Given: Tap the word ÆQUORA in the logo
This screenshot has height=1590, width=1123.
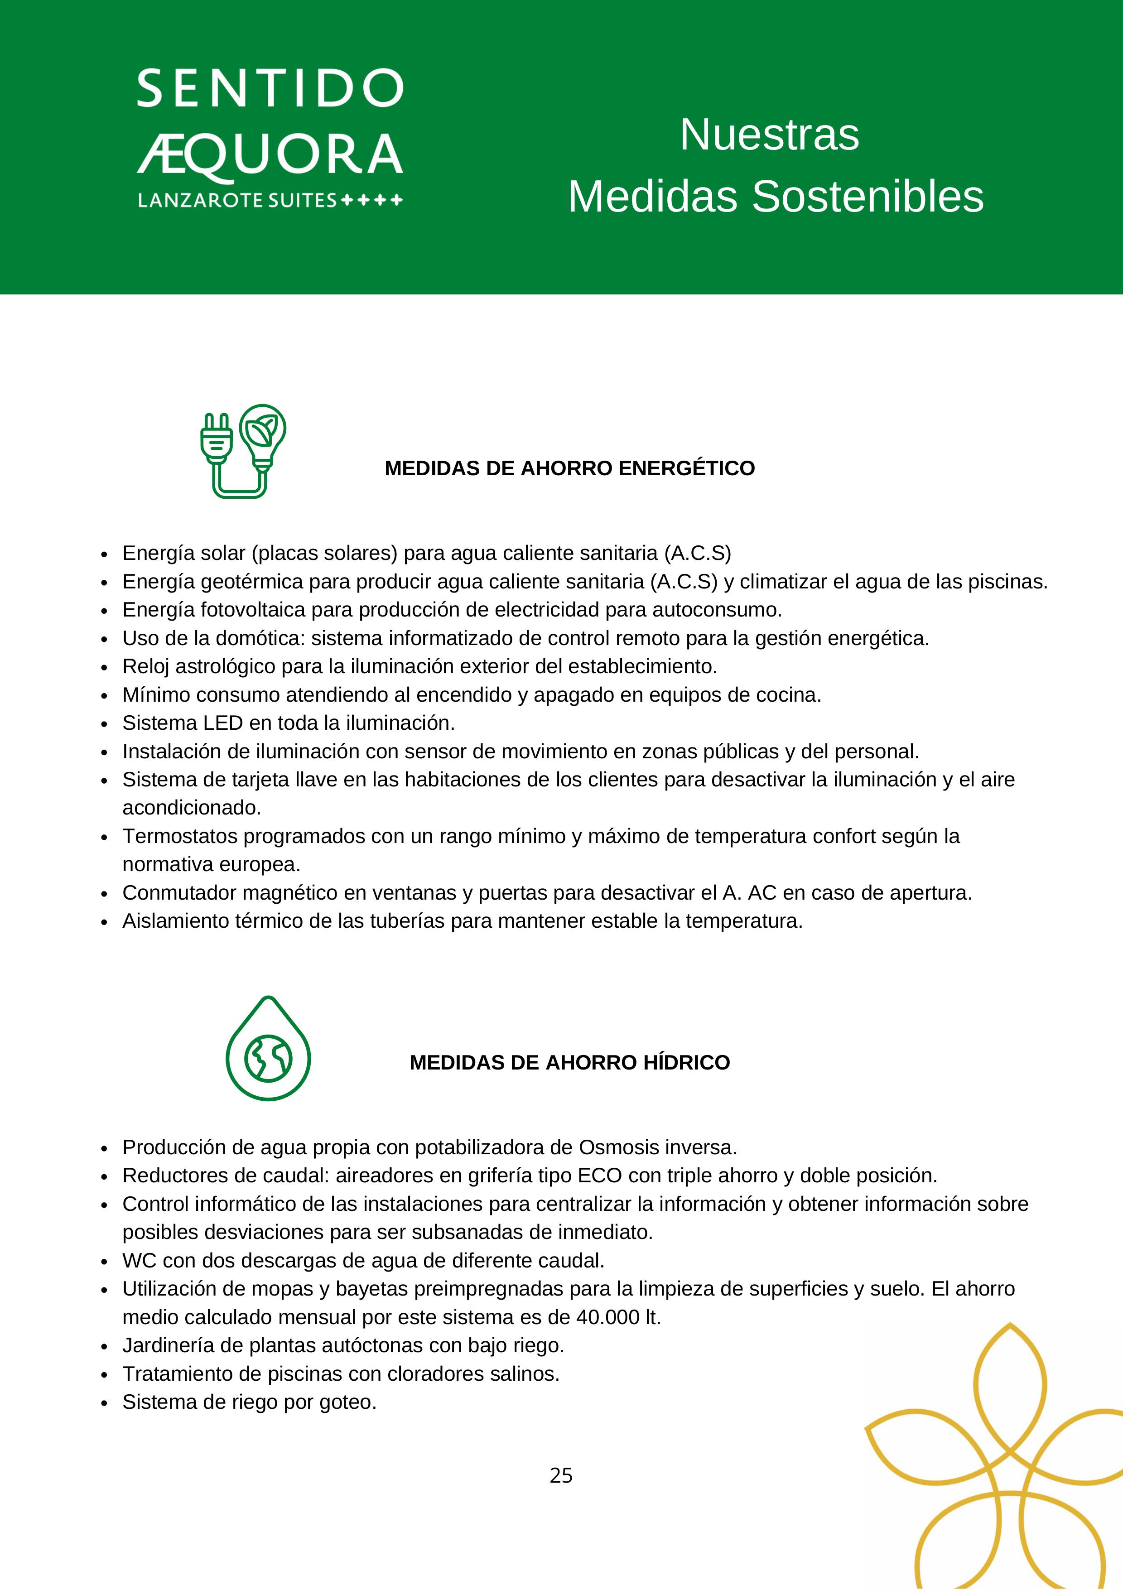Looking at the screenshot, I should tap(270, 154).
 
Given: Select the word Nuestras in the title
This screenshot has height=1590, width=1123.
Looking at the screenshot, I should tap(769, 135).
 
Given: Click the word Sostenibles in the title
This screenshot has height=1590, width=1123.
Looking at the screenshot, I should tap(867, 197).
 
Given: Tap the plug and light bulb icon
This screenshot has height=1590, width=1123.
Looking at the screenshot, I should tap(243, 451).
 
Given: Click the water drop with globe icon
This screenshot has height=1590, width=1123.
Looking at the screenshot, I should tap(268, 1049).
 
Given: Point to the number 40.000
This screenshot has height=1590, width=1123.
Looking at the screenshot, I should tap(607, 1317).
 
